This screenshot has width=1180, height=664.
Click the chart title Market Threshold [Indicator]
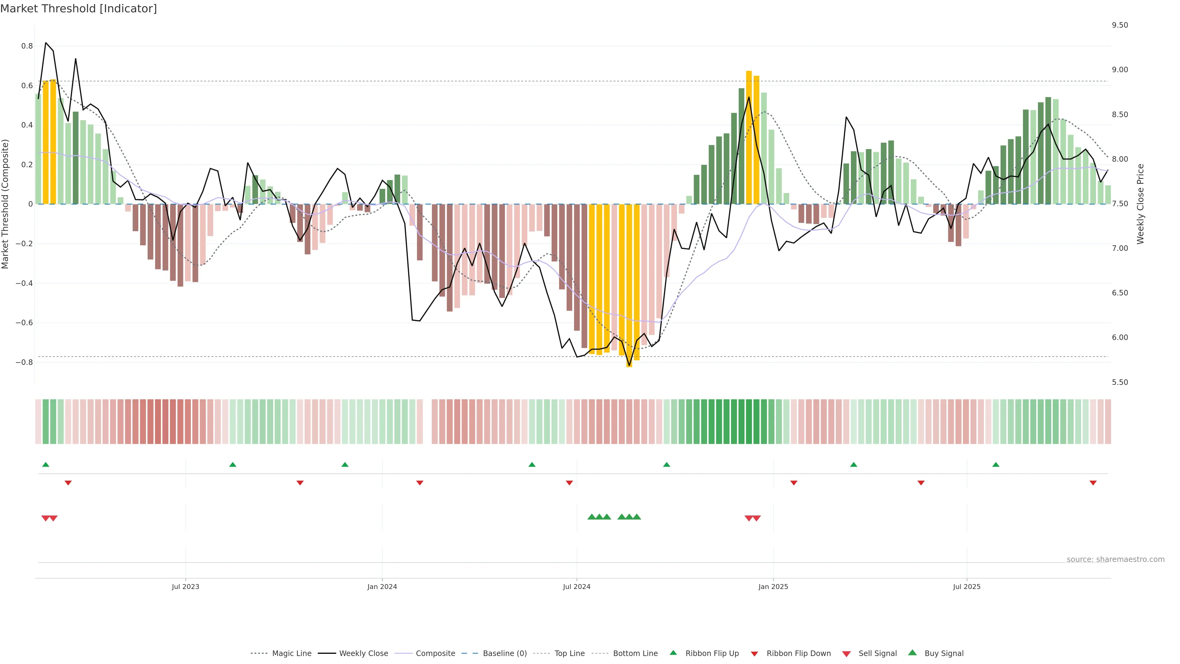click(x=78, y=9)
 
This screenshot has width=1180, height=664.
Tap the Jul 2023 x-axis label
click(x=186, y=587)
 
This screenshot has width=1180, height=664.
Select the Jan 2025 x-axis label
click(x=773, y=587)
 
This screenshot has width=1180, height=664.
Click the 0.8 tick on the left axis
click(x=27, y=46)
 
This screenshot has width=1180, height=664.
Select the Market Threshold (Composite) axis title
click(x=6, y=204)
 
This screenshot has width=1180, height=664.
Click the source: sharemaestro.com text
click(x=1115, y=559)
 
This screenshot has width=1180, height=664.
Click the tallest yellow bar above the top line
click(x=749, y=137)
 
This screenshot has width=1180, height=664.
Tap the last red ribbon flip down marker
click(x=1093, y=483)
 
